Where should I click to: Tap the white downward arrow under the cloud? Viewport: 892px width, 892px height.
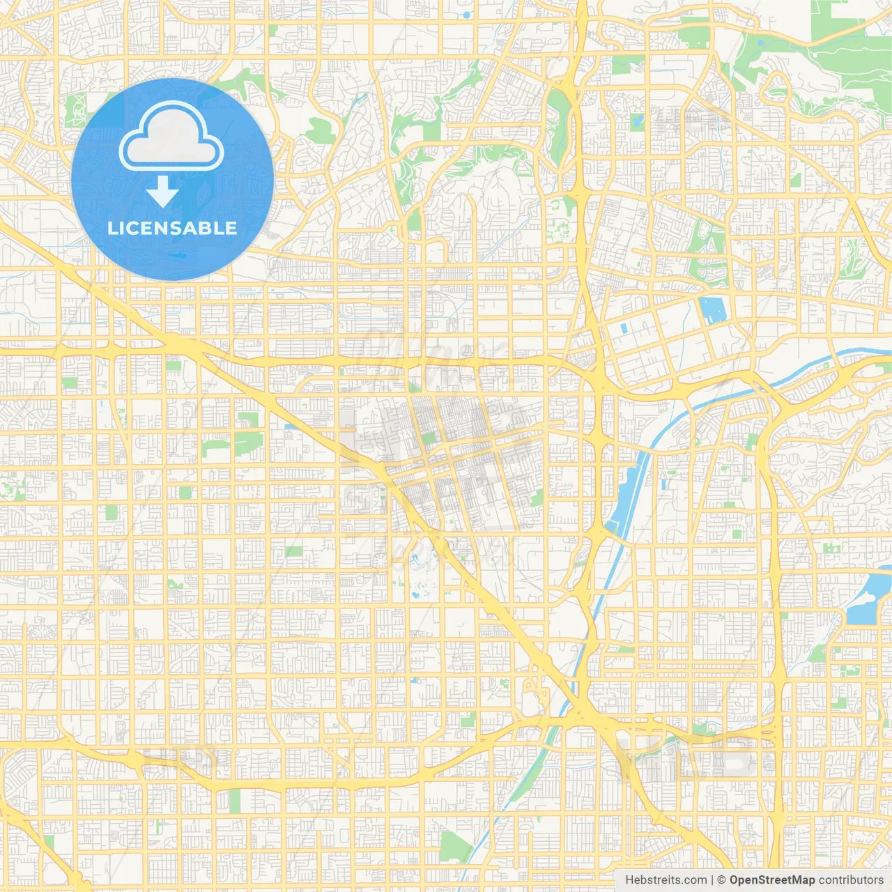pyautogui.click(x=162, y=192)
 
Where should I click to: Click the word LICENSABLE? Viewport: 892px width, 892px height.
pyautogui.click(x=172, y=228)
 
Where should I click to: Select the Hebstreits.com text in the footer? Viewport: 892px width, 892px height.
pyautogui.click(x=666, y=880)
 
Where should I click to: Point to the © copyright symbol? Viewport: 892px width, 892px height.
pyautogui.click(x=721, y=880)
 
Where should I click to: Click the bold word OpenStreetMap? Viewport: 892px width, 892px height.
pyautogui.click(x=771, y=880)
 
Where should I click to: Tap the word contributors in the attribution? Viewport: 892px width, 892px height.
pyautogui.click(x=850, y=880)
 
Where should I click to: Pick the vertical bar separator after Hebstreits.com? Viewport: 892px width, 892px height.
pyautogui.click(x=712, y=880)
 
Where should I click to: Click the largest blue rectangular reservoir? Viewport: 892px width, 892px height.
pyautogui.click(x=712, y=311)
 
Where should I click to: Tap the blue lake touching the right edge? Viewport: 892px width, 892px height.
pyautogui.click(x=870, y=599)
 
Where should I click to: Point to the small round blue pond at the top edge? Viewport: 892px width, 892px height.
pyautogui.click(x=466, y=14)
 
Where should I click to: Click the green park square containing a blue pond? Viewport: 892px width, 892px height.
pyautogui.click(x=637, y=122)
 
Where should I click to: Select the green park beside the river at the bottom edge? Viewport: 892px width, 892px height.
pyautogui.click(x=457, y=845)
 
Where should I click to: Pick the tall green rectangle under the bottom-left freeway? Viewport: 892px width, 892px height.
pyautogui.click(x=235, y=800)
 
